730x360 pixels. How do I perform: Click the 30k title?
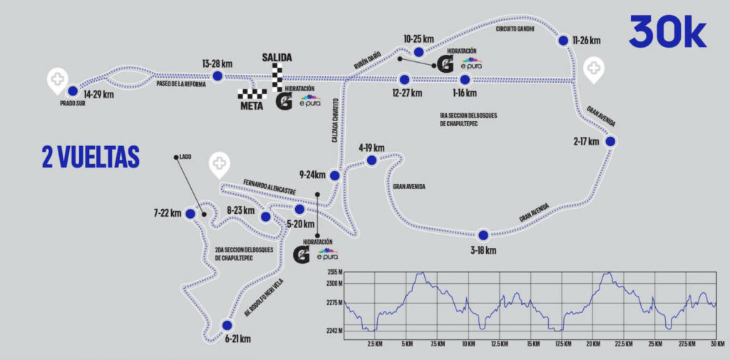pos(667,32)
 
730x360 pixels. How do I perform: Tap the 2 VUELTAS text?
pos(91,157)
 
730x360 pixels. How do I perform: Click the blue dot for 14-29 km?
pos(72,91)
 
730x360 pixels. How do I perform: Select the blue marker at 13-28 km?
pos(217,76)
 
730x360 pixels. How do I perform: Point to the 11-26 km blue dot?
pos(563,41)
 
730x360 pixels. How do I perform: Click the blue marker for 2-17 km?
pos(610,141)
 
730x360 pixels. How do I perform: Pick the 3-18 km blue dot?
pos(483,235)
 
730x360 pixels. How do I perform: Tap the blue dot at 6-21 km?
pos(227,325)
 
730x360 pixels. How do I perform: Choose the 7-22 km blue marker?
pos(190,214)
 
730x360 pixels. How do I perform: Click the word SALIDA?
pos(277,58)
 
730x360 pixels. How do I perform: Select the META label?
pos(252,106)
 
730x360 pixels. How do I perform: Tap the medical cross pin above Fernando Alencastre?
pos(220,165)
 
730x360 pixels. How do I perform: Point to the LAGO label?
pos(185,158)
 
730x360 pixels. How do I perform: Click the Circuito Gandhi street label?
pos(515,29)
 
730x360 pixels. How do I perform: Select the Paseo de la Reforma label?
pos(177,83)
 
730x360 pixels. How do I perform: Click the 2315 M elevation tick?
pos(334,272)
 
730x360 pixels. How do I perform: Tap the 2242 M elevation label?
pos(334,331)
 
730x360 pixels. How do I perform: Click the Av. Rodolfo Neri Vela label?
pos(264,297)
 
